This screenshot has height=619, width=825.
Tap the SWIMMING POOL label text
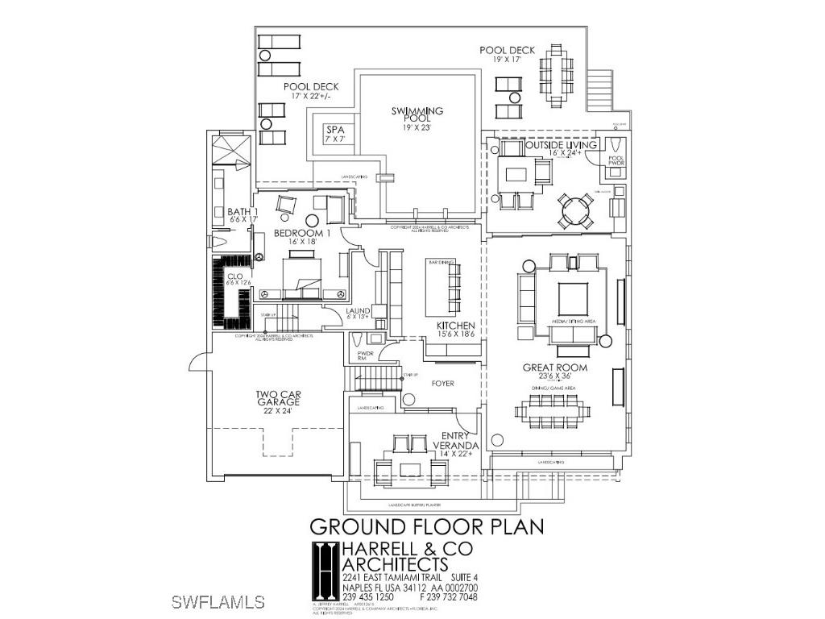coord(417,118)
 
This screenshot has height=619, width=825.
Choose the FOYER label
coord(442,384)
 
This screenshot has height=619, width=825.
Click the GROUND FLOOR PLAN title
coord(427,527)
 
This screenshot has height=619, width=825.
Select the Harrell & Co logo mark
coord(325,569)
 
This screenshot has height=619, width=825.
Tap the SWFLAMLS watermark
coord(219,602)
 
